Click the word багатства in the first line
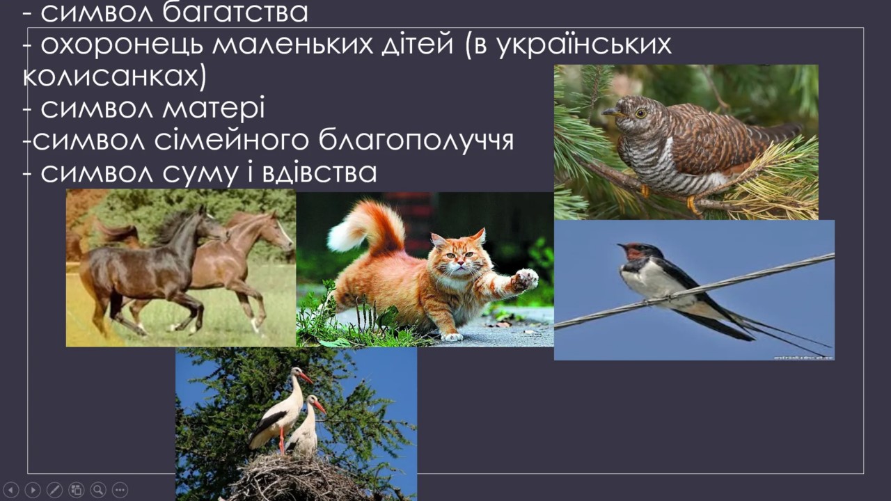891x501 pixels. point(235,13)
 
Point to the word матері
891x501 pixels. point(214,108)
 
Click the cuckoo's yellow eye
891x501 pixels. point(640,113)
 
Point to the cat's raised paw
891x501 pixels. point(525,279)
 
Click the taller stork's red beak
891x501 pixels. point(306,378)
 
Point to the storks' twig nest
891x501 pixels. point(294,477)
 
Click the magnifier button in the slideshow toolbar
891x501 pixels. point(98,489)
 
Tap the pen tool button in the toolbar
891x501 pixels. point(54,489)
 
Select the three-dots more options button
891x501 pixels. point(120,489)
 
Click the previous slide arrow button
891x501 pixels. point(10,489)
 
